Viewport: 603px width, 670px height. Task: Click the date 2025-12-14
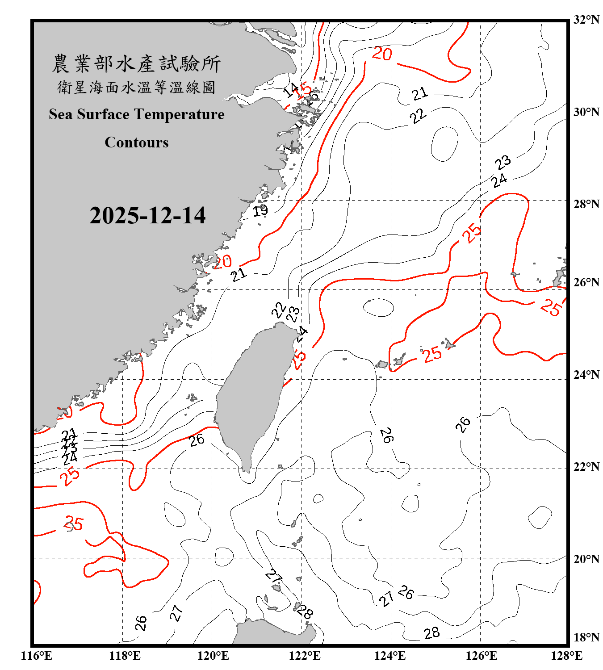(147, 215)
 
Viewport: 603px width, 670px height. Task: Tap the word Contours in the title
(137, 142)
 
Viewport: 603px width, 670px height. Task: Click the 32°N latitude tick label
(586, 20)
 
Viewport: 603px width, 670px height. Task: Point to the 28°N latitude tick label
(586, 204)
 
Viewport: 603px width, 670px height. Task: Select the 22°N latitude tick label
(586, 467)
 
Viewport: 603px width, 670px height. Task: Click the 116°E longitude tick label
(37, 656)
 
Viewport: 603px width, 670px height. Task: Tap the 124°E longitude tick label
(390, 656)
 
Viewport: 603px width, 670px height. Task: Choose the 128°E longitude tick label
(566, 656)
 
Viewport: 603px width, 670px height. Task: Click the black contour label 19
(260, 210)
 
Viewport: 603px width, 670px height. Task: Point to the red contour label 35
(74, 523)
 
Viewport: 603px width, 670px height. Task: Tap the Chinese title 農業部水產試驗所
(136, 64)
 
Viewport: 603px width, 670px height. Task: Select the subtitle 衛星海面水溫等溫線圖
(136, 87)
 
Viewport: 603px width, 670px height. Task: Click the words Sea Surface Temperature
(137, 114)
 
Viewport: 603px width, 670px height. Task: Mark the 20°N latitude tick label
(586, 559)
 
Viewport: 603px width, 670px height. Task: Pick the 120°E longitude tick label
(213, 656)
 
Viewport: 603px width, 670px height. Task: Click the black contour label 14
(291, 90)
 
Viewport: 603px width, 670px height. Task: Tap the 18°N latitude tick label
(586, 637)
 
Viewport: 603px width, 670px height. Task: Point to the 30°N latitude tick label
(586, 112)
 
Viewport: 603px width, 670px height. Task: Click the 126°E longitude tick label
(481, 656)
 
